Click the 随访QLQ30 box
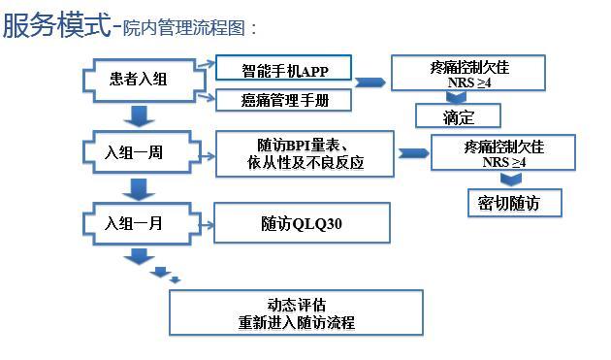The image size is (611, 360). pos(302,223)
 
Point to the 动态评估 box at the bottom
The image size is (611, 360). pos(296,312)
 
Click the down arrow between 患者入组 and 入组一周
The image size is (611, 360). pos(141,115)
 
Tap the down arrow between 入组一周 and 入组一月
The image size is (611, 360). pos(141,188)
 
